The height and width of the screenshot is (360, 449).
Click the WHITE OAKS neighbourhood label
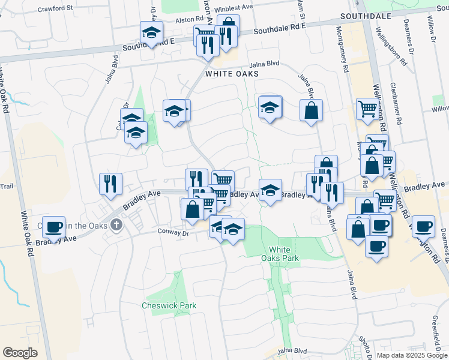pos(232,74)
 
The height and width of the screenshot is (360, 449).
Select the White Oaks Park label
pos(284,254)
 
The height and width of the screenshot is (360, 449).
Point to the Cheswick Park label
pos(169,305)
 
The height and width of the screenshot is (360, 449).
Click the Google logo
pos(20,353)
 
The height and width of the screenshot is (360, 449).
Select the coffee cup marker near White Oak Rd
pos(54,227)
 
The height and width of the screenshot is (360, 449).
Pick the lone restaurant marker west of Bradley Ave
pos(110,183)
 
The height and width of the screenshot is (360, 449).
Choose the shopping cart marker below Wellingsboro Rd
pos(367,109)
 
